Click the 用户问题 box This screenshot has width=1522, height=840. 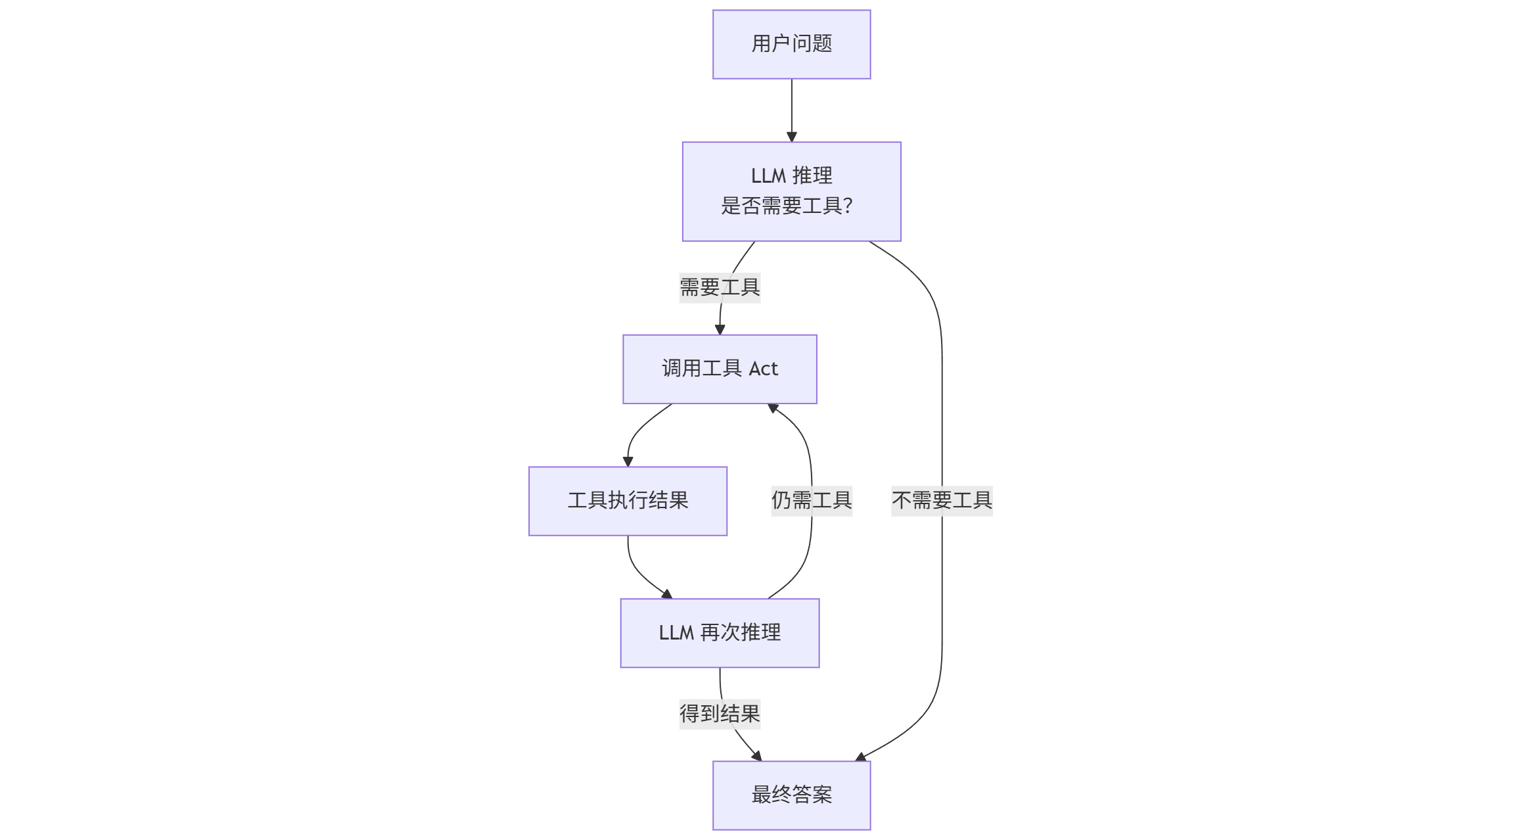click(791, 44)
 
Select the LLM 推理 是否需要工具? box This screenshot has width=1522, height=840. click(791, 191)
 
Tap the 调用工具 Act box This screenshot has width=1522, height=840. click(720, 369)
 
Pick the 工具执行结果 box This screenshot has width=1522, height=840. click(628, 501)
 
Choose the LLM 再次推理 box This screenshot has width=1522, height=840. click(720, 633)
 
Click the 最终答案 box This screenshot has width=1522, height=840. click(791, 795)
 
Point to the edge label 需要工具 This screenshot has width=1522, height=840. click(720, 287)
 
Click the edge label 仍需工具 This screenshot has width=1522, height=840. click(812, 501)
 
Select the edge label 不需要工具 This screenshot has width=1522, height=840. click(942, 501)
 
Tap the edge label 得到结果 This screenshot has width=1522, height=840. click(720, 714)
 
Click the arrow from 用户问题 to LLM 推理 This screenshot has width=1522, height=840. click(791, 108)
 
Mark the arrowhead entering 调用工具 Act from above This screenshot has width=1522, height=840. click(720, 330)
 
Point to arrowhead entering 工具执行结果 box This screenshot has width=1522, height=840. click(628, 462)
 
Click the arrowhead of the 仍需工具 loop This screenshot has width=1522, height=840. click(773, 408)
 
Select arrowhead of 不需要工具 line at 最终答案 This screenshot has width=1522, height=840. click(861, 757)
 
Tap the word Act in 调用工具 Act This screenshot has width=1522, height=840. click(763, 369)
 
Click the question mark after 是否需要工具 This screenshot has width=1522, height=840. click(847, 206)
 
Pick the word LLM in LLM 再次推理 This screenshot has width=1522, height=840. click(676, 633)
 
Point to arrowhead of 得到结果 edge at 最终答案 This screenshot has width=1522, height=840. click(756, 757)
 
